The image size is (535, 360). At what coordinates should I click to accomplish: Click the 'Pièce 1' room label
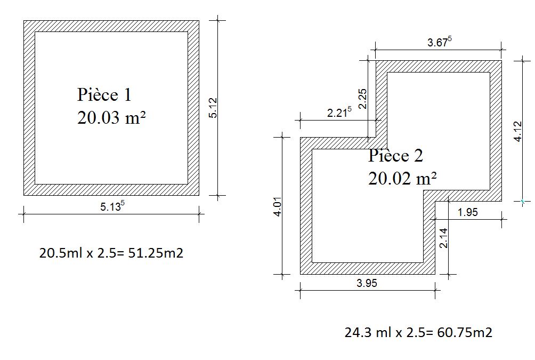point(104,94)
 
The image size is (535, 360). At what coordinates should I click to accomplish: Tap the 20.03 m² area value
point(111,118)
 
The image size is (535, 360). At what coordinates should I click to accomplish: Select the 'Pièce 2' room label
point(395,156)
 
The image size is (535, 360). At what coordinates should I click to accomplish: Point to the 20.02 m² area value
point(403,178)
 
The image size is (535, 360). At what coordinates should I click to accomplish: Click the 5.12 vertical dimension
point(213,108)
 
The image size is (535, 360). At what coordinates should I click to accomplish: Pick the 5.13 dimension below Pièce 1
point(112,206)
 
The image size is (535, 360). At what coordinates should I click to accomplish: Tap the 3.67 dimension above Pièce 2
point(440,42)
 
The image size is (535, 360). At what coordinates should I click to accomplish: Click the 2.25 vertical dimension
point(363,99)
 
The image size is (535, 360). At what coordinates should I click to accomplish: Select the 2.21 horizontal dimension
point(339,112)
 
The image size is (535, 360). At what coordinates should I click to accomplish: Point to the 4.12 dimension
point(517,131)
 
